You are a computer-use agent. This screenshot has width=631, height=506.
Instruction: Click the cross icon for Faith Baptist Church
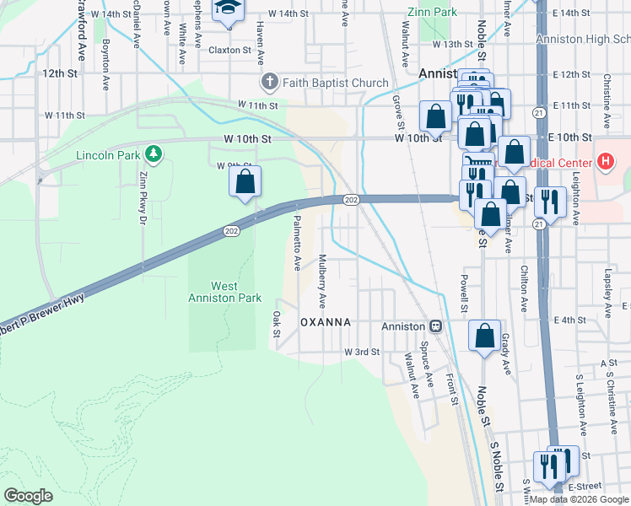(269, 83)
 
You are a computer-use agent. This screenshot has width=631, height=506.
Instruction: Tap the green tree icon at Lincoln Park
(153, 153)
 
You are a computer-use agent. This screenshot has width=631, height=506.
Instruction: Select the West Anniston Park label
(224, 292)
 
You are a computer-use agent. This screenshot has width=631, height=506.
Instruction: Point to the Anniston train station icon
(436, 326)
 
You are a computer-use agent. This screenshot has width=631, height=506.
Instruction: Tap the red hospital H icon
(604, 159)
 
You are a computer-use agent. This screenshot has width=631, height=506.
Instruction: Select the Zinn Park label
(431, 13)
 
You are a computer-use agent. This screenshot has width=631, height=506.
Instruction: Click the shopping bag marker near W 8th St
(245, 180)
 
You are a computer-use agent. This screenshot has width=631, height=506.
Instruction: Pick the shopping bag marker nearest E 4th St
(484, 336)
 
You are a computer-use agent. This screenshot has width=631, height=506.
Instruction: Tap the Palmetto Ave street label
(297, 242)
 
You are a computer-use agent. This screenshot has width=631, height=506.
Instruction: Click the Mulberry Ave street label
(321, 279)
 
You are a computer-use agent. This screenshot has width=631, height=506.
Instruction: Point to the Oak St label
(276, 325)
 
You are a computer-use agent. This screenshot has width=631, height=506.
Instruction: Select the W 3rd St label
(361, 352)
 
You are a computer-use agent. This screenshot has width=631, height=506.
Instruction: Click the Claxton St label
(231, 51)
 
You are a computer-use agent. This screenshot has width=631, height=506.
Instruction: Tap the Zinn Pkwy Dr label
(143, 206)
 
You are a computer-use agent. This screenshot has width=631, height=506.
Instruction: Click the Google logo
(29, 495)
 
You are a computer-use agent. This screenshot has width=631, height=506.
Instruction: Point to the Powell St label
(464, 290)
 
